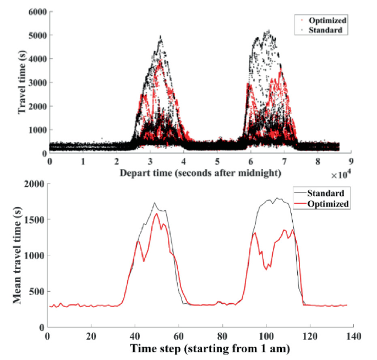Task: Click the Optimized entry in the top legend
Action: (328, 20)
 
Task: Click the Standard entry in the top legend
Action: (327, 30)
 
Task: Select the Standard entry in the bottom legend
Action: (327, 193)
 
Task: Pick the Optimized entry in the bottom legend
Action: (329, 203)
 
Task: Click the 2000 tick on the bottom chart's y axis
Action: (35, 184)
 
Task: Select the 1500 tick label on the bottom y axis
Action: (35, 220)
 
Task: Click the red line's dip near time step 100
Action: (267, 269)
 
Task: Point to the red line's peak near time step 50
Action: (156, 214)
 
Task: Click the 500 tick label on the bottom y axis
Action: (37, 291)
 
